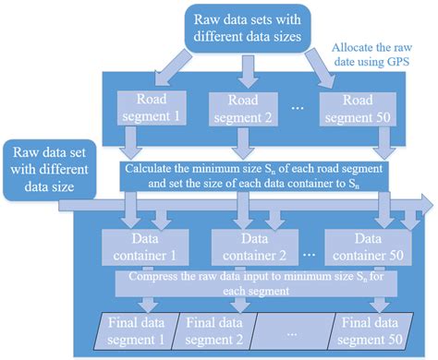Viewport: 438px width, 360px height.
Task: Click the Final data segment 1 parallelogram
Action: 137,330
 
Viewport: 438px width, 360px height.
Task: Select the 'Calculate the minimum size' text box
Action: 255,174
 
